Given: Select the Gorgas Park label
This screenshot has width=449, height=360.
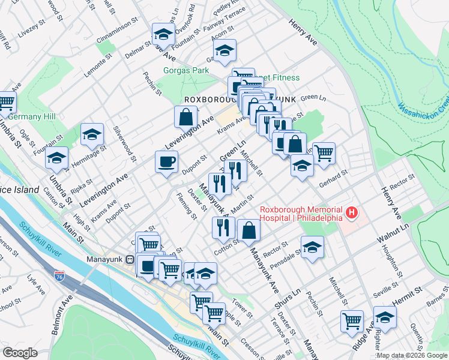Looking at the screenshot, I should pos(186,70).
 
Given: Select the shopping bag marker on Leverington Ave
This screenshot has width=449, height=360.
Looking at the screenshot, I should pos(186,116).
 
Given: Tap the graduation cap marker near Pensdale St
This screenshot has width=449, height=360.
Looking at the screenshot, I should pos(312,247).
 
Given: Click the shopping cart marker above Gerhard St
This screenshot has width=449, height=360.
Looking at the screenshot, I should pos(324,153).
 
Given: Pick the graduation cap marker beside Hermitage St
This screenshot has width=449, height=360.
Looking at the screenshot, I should pos(92,135).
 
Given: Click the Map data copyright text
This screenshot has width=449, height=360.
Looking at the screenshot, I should pos(412,355).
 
